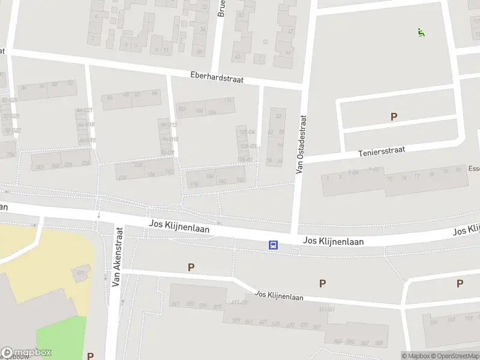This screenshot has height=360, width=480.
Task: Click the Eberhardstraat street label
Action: pos(217,79)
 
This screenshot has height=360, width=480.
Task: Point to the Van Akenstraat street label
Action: pos(118,256)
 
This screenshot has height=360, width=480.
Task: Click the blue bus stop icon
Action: pos(273,244)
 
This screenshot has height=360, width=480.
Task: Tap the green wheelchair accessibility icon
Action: pos(421,32)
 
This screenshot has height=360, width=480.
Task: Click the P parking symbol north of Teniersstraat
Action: pos(394,117)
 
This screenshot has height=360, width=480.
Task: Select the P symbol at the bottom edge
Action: pos(90,356)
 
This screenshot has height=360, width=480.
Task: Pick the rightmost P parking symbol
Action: pos(460,283)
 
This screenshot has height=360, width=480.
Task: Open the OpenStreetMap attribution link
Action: pos(456,356)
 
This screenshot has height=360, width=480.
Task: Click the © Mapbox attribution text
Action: pos(415,356)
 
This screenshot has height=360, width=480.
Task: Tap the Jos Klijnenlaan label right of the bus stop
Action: pos(334,241)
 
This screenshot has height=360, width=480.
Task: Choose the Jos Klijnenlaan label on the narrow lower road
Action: pos(279,296)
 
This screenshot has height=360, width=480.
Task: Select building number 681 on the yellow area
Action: pos(80,274)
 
